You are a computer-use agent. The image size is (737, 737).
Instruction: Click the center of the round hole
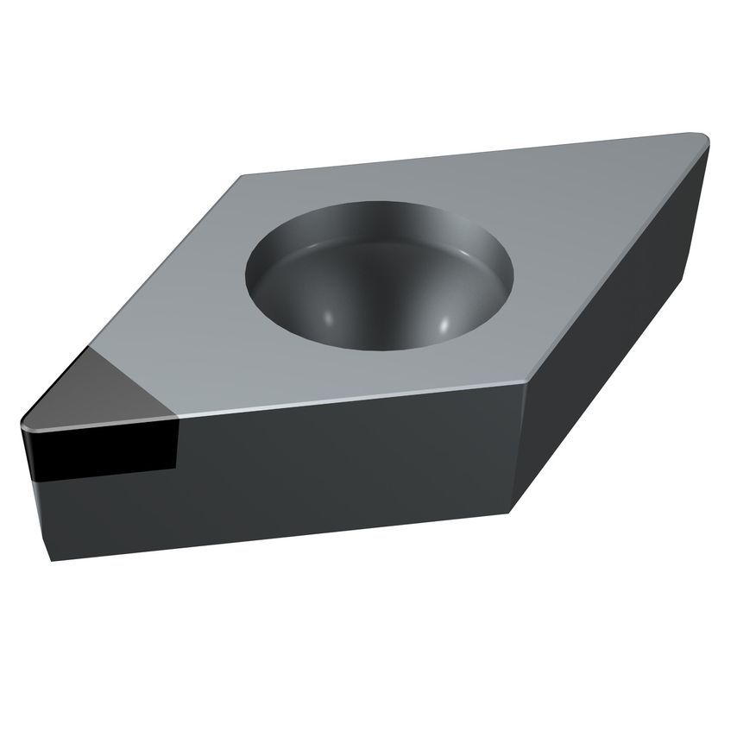[x=380, y=276]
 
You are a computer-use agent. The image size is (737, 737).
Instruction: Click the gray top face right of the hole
[x=587, y=233]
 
